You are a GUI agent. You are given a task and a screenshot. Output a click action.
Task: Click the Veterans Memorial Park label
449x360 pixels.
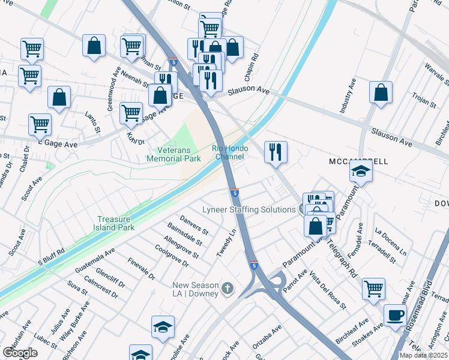tap(173, 154)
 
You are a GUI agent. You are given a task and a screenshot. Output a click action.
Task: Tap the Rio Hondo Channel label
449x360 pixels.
tap(228, 152)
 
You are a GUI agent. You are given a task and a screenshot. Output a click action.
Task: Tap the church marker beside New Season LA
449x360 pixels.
tap(227, 289)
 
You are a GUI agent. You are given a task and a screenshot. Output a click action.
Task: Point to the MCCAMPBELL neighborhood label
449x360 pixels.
tap(358, 162)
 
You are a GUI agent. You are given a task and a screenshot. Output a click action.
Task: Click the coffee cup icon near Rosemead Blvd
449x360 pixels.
tap(395, 315)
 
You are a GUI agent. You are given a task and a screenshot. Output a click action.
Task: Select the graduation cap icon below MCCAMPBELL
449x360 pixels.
tap(361, 172)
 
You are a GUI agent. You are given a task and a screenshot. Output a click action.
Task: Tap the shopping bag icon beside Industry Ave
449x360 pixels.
tap(381, 92)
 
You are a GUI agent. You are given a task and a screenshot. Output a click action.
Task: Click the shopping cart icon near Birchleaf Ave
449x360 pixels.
tap(373, 289)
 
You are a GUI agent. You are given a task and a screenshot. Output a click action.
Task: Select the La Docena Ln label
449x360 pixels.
tap(390, 240)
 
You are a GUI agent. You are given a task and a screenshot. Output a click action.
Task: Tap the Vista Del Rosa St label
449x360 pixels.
tap(328, 290)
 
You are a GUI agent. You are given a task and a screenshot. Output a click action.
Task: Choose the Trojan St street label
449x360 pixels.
tap(424, 100)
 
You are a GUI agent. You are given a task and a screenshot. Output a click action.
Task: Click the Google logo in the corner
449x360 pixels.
tap(20, 352)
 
